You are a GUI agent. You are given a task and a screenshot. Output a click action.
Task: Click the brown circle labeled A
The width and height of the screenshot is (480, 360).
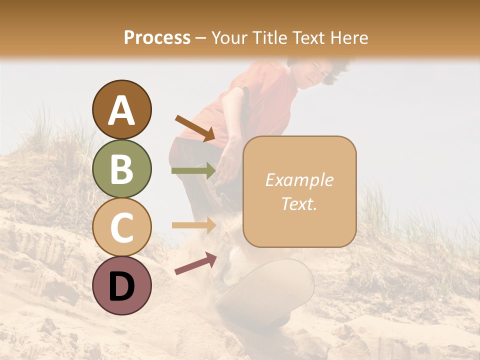[121, 110]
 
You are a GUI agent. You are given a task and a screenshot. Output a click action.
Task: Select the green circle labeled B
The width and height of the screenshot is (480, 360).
[121, 168]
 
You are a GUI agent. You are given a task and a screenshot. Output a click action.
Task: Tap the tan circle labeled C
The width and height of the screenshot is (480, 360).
[121, 227]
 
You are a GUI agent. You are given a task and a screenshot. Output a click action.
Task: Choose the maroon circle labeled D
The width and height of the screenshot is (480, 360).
[121, 285]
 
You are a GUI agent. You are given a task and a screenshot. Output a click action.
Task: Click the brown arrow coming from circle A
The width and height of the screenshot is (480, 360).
[195, 127]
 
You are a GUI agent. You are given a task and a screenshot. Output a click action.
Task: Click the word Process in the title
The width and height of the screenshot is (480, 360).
[157, 37]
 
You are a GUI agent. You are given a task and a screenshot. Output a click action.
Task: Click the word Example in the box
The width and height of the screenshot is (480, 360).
[299, 180]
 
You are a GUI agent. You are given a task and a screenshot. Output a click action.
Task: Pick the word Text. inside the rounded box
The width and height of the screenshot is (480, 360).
[299, 203]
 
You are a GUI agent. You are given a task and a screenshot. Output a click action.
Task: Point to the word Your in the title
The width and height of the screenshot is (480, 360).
[227, 37]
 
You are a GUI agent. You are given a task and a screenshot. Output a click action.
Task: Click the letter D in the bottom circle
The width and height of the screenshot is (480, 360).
[121, 286]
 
